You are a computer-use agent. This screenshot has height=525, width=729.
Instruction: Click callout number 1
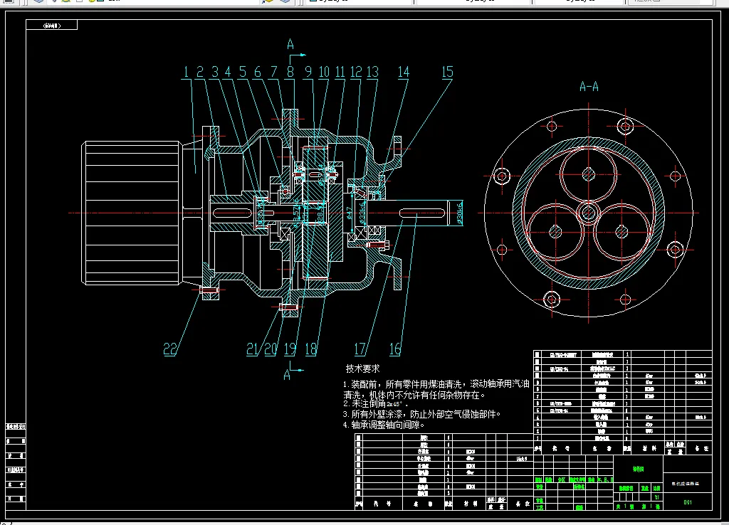pos(186,72)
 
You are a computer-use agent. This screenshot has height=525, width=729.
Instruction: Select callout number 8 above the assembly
pos(290,72)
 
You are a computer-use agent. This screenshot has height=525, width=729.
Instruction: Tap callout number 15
pos(447,72)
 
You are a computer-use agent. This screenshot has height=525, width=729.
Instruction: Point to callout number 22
pos(170,349)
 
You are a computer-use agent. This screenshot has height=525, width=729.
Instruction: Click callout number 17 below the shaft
pos(360,349)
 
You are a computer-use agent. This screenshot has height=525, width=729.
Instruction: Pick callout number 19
pos(290,349)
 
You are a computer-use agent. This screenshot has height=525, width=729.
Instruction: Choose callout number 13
pos(372,72)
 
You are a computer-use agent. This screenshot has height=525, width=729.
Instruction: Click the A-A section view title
pos(589,87)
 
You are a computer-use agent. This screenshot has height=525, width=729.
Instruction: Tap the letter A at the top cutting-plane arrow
pos(290,45)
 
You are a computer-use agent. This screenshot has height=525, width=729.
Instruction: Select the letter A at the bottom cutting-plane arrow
pos(288,375)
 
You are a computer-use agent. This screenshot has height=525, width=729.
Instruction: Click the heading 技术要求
pos(363,369)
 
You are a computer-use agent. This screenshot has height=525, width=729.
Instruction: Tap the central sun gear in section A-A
pos(588,211)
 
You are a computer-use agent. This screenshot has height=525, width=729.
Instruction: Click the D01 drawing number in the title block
pos(688,502)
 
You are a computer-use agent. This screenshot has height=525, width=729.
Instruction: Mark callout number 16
pos(395,349)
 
